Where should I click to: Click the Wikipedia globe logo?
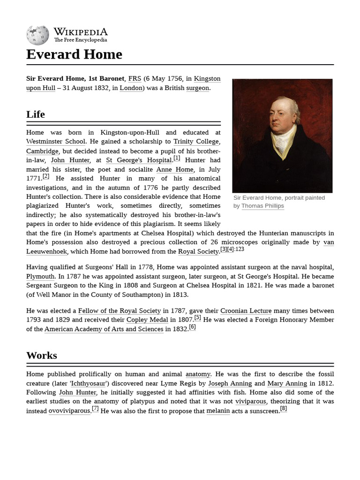tap(37, 35)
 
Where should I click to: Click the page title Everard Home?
tap(74, 54)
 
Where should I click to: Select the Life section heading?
tap(36, 114)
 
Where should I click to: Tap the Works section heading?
tap(42, 355)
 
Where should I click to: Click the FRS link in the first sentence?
tap(135, 79)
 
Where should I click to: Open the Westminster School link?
tap(56, 142)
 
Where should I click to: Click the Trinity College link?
tap(196, 142)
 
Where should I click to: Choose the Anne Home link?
tap(174, 169)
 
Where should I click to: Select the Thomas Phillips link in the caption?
tap(262, 206)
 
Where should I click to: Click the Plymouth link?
tap(40, 277)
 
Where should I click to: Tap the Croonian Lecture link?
tap(246, 311)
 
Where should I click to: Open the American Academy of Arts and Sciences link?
tap(104, 329)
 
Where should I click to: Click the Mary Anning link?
tap(287, 383)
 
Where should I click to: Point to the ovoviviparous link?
tap(69, 411)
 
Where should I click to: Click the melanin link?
tap(218, 411)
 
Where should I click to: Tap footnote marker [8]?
tap(283, 409)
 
